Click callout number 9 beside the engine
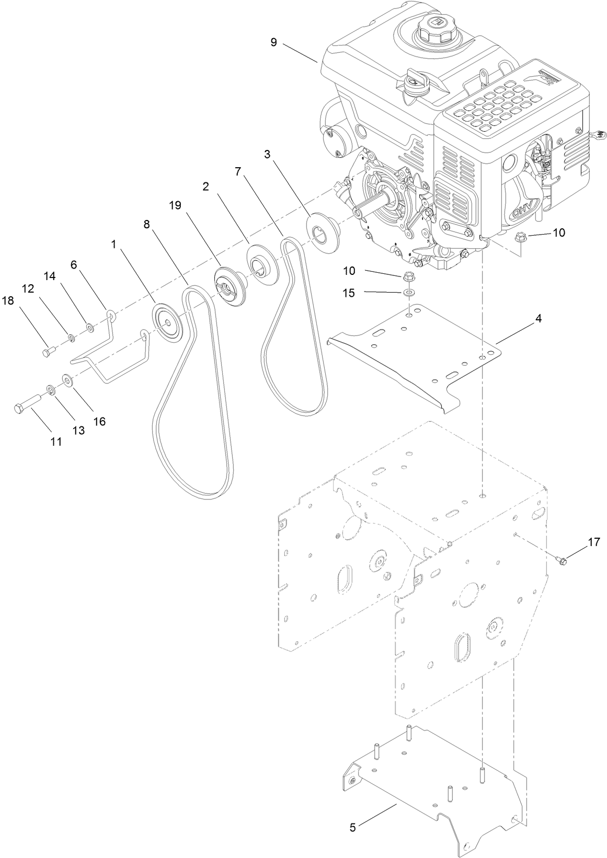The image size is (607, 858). click(x=273, y=42)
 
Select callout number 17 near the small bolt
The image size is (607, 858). click(x=593, y=542)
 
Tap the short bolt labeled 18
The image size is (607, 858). click(x=47, y=353)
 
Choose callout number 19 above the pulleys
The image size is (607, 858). click(x=175, y=205)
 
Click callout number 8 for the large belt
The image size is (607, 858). click(x=146, y=224)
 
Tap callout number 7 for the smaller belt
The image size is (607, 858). click(x=237, y=171)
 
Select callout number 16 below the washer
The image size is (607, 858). click(x=99, y=421)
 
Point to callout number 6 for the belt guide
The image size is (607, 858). click(x=74, y=265)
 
